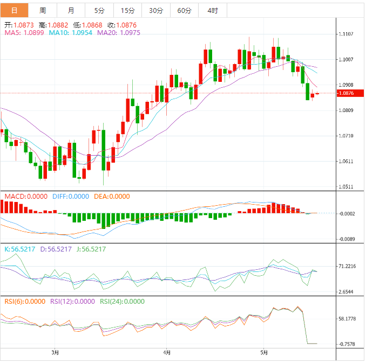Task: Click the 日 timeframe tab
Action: point(14,10)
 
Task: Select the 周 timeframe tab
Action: point(43,10)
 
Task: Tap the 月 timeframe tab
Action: point(71,10)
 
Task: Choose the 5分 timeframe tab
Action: point(99,10)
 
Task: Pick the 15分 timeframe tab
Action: point(128,10)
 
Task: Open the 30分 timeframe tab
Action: point(156,10)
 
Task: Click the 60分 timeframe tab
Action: point(184,10)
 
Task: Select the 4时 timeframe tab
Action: point(213,10)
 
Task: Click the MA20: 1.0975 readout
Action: point(119,33)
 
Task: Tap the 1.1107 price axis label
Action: point(345,34)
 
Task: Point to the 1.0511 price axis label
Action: point(345,187)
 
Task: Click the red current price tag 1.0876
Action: point(345,93)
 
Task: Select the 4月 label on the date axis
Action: point(167,353)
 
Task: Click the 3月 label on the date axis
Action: point(55,353)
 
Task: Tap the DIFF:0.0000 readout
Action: point(71,197)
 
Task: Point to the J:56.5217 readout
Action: point(89,249)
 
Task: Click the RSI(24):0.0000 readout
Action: point(123,302)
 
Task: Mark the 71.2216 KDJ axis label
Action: point(347,267)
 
